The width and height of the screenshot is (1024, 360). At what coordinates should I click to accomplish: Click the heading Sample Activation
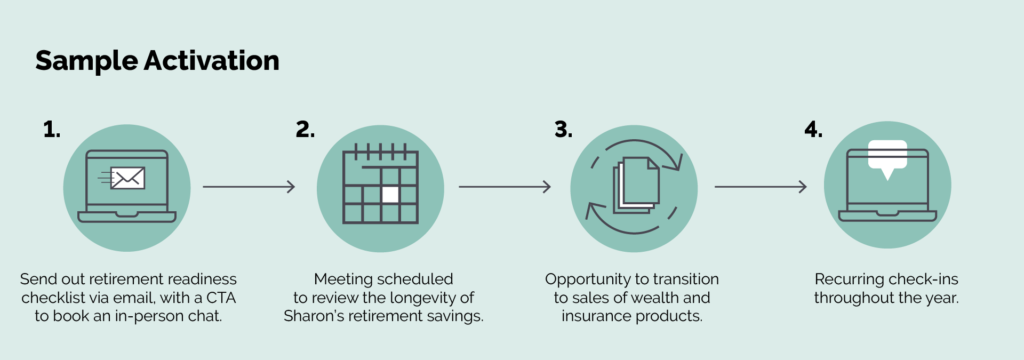tap(157, 61)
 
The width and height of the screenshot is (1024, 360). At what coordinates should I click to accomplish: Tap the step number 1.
tap(52, 130)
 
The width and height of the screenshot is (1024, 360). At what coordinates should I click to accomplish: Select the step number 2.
tap(304, 130)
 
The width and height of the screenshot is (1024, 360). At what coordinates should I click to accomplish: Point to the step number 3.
tap(563, 130)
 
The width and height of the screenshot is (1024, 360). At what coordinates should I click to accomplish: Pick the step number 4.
tap(813, 130)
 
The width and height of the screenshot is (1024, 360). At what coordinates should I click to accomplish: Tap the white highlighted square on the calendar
tap(390, 195)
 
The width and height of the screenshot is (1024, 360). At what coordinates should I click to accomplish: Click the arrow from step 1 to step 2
tap(249, 187)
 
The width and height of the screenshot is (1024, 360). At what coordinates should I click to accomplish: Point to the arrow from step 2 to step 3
tap(505, 187)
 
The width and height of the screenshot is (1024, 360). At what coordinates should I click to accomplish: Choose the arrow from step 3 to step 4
tap(761, 187)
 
